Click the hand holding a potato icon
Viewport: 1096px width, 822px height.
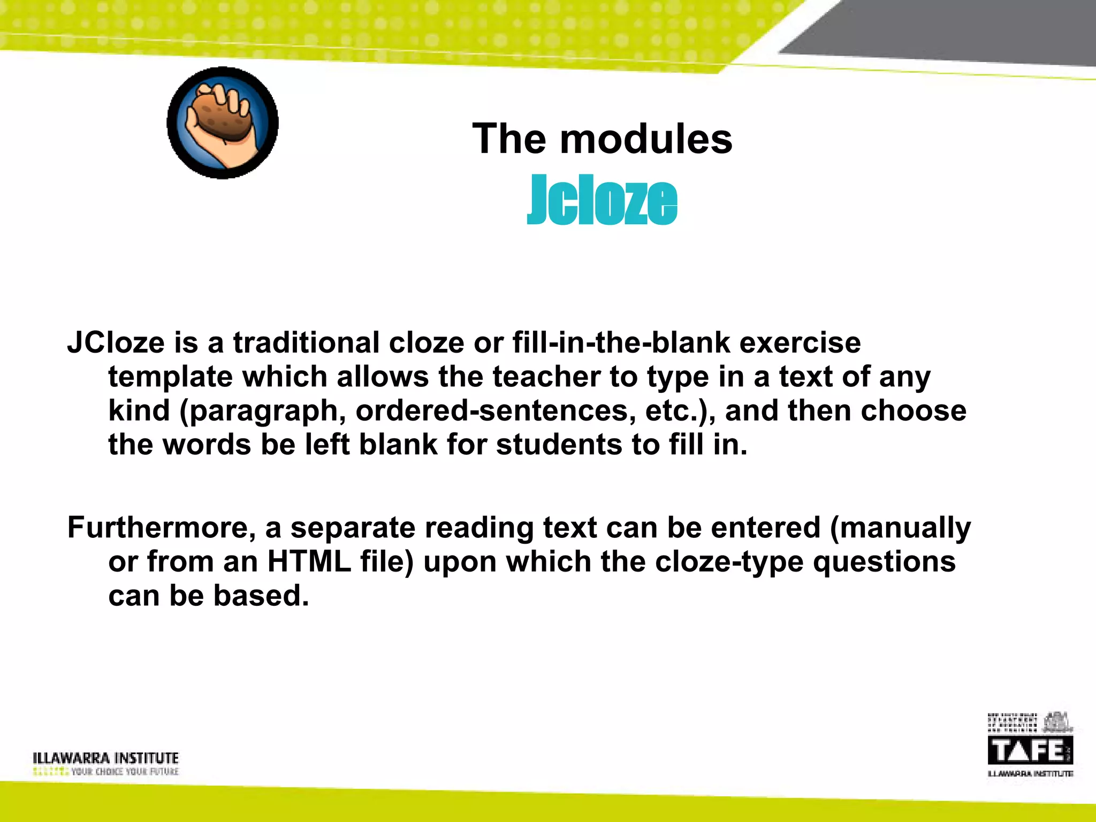223,123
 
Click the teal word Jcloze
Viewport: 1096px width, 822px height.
602,201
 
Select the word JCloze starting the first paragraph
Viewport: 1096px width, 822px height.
116,342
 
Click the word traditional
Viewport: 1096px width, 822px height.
306,342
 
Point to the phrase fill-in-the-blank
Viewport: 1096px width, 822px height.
621,342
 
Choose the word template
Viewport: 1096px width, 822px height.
171,377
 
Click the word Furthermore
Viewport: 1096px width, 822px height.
161,527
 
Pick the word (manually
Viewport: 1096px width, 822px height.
900,527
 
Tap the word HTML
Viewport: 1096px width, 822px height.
309,561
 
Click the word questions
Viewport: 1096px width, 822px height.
884,561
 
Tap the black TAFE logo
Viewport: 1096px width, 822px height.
1030,750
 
